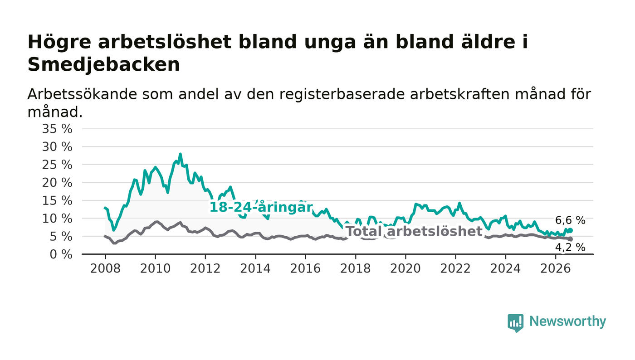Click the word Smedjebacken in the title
[104, 65]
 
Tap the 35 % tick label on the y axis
[57, 129]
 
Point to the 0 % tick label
[61, 254]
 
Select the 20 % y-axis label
[57, 183]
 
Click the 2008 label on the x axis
[105, 268]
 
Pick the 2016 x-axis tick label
[305, 268]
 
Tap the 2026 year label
[555, 268]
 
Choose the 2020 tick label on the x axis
[405, 268]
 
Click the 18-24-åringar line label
[261, 207]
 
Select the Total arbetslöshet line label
[414, 231]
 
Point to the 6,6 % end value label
[570, 220]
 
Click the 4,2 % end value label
[570, 248]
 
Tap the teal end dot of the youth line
[571, 230]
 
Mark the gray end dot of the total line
[571, 239]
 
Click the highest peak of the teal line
[180, 154]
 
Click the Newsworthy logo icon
[515, 322]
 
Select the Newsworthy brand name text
[567, 321]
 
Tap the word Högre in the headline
[59, 43]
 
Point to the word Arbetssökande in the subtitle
[82, 94]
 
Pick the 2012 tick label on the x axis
[205, 268]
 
